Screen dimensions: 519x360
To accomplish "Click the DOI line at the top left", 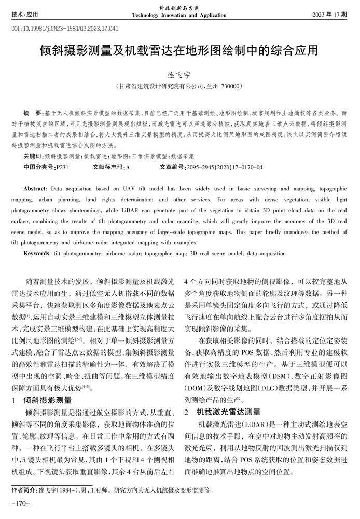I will (x=65, y=29).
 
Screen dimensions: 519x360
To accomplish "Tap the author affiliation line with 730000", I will (x=179, y=86).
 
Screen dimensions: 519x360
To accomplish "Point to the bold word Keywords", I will (x=36, y=253).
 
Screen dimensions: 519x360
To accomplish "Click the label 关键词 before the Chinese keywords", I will (x=34, y=156).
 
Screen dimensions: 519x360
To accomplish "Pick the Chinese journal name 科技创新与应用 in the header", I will (x=179, y=8).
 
